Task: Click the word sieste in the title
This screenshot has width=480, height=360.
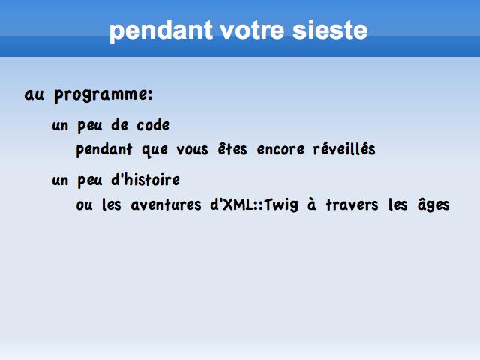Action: pyautogui.click(x=330, y=30)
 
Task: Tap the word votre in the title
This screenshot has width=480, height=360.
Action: pyautogui.click(x=252, y=31)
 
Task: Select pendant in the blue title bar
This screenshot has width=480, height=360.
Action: pyautogui.click(x=161, y=31)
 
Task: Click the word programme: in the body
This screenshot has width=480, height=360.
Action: pyautogui.click(x=103, y=95)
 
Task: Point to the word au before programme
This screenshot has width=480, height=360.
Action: pyautogui.click(x=34, y=94)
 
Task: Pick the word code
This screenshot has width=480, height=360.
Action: pyautogui.click(x=153, y=125)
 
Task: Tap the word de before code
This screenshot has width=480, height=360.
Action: pyautogui.click(x=120, y=125)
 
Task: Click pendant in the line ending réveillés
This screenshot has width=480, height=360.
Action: pyautogui.click(x=104, y=150)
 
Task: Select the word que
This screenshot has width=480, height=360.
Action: pyautogui.click(x=155, y=151)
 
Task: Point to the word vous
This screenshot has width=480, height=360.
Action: pyautogui.click(x=192, y=151)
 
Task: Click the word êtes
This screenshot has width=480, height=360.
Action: pyautogui.click(x=232, y=149)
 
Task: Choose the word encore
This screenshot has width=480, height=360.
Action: pyautogui.click(x=280, y=150)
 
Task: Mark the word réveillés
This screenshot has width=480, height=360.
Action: pyautogui.click(x=344, y=149)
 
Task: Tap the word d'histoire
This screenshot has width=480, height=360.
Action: pyautogui.click(x=145, y=180)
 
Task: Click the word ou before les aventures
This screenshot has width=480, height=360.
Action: pyautogui.click(x=84, y=205)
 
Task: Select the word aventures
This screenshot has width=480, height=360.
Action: pyautogui.click(x=166, y=205)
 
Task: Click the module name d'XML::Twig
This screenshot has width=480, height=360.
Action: pyautogui.click(x=254, y=205)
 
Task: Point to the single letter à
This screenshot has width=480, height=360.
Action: pyautogui.click(x=312, y=205)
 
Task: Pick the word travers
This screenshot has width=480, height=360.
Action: pyautogui.click(x=352, y=205)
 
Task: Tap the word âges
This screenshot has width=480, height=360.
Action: pyautogui.click(x=433, y=205)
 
